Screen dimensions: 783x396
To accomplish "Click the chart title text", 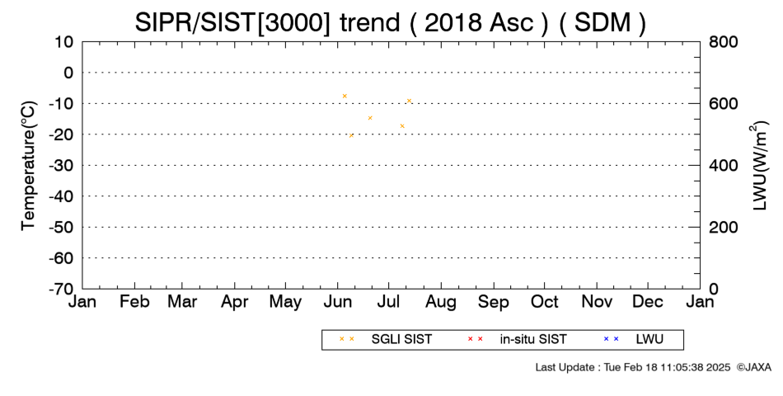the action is click(x=390, y=22).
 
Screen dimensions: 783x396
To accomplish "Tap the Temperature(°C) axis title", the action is click(x=29, y=166).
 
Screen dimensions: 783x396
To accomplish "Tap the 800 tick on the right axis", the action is click(x=723, y=41).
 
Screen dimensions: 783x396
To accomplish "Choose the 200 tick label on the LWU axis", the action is click(x=723, y=227).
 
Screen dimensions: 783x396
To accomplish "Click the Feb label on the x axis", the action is click(x=134, y=302).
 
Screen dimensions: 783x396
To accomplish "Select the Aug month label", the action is click(x=441, y=302).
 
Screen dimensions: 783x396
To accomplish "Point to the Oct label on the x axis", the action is click(x=544, y=302).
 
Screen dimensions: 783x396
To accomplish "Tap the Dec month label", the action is click(x=648, y=302).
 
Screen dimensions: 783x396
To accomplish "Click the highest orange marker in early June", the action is click(x=345, y=96).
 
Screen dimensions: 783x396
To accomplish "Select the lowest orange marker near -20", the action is click(x=351, y=135).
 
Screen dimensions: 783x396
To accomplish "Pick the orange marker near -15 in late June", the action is click(x=370, y=118).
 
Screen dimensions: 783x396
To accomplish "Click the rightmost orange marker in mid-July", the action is click(x=409, y=101).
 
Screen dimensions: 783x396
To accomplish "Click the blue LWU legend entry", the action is click(x=633, y=339).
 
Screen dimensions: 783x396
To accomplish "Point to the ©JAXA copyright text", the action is click(x=753, y=367).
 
